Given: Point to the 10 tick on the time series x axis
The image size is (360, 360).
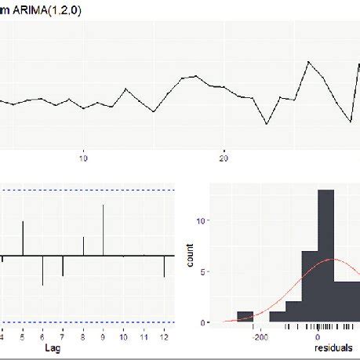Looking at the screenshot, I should (x=84, y=157).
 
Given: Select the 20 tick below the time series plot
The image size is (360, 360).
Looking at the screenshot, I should (x=224, y=157).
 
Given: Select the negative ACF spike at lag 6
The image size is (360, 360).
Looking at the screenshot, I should (x=43, y=270).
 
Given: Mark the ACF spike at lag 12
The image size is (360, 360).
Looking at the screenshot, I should (x=164, y=266).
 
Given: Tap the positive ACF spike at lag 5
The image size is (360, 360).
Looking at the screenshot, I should (x=23, y=239).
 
